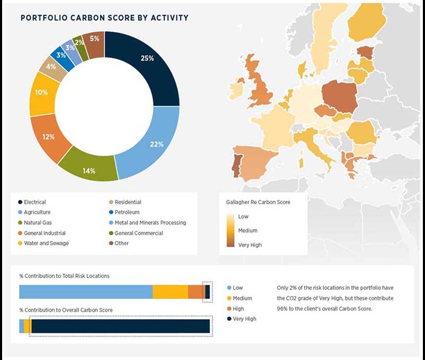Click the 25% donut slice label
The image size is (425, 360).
[x=147, y=58]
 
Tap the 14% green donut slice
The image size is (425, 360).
[x=89, y=170]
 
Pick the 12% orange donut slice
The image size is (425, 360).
[x=49, y=137]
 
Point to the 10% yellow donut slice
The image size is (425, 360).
[x=41, y=92]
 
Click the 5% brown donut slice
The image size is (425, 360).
[x=94, y=39]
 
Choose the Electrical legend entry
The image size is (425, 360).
[x=35, y=202]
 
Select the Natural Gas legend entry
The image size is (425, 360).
[x=38, y=222]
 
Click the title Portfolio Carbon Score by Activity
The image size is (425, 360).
[x=104, y=18]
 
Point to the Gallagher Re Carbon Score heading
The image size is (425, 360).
[x=258, y=202]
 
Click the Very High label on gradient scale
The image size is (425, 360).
[x=249, y=245]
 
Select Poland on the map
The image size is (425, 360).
[x=339, y=95]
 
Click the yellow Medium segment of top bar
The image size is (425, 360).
[x=170, y=292]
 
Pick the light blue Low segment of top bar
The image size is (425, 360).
[x=85, y=292]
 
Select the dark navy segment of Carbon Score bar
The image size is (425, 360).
[x=120, y=326]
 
